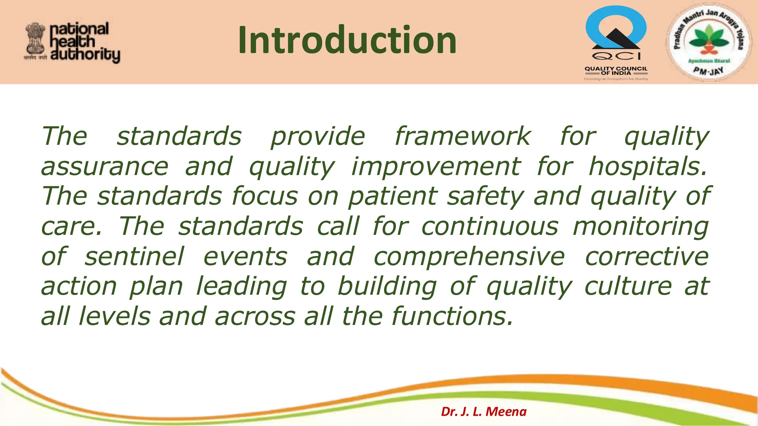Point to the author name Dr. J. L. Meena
point(483,412)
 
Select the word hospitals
point(648,166)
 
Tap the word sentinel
point(134,256)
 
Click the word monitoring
point(640,227)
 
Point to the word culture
point(628,286)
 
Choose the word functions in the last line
point(452,317)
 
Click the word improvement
point(436,166)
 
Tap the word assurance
point(105,167)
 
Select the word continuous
point(490,226)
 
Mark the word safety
point(485,196)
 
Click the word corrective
point(646,257)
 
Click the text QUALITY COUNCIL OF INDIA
point(616,71)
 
